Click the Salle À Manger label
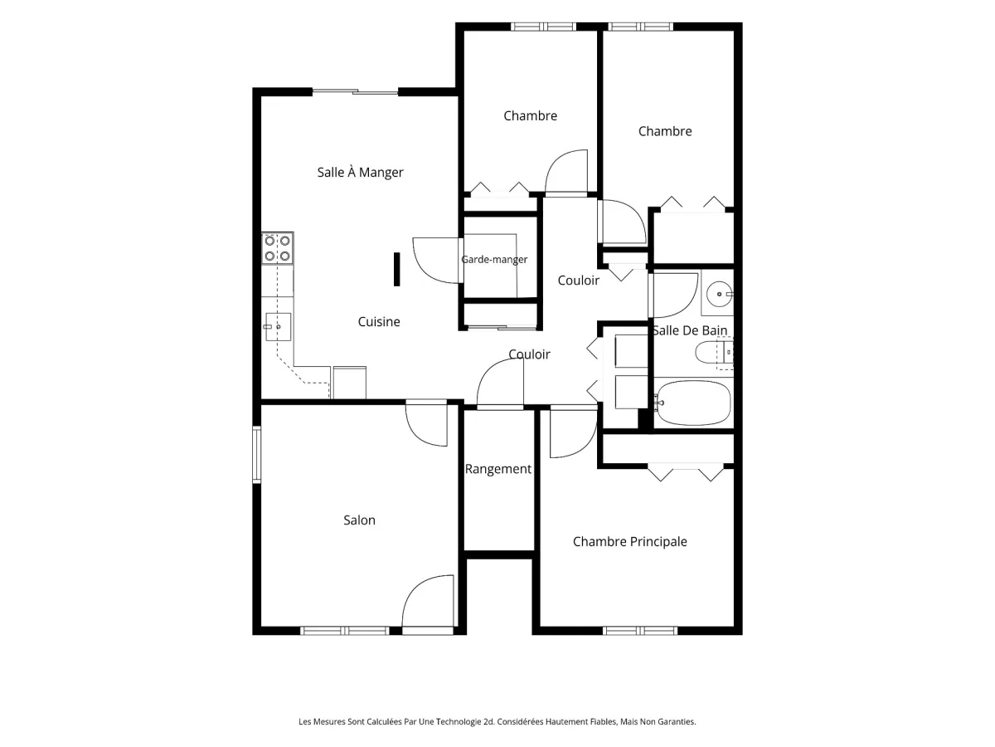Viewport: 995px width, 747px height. (x=360, y=173)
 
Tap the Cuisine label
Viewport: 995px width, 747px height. (x=379, y=321)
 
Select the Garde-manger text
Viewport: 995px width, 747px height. (x=494, y=260)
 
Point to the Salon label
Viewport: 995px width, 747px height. (x=359, y=520)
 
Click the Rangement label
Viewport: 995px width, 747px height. (x=498, y=469)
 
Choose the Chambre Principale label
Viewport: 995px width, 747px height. (x=629, y=541)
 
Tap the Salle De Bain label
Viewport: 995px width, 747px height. (x=690, y=330)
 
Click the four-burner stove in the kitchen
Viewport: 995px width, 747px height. (x=278, y=248)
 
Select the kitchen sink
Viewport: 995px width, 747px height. (x=278, y=326)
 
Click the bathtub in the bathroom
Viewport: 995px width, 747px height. (x=693, y=403)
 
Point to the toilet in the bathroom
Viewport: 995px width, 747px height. (x=714, y=353)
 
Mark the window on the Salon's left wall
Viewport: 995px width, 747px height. (x=256, y=454)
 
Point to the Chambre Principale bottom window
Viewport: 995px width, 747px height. (x=639, y=631)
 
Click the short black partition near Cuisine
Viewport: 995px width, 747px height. (x=396, y=270)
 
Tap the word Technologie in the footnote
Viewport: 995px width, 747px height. (x=458, y=721)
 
